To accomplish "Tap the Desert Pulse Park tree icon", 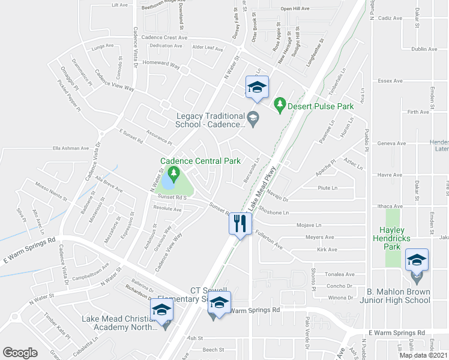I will [279, 104].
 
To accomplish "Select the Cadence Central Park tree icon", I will [174, 175].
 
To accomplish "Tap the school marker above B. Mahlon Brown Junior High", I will [415, 261].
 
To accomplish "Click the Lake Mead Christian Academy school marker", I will [161, 310].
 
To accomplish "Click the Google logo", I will [20, 352].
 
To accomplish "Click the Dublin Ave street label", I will [424, 49].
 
